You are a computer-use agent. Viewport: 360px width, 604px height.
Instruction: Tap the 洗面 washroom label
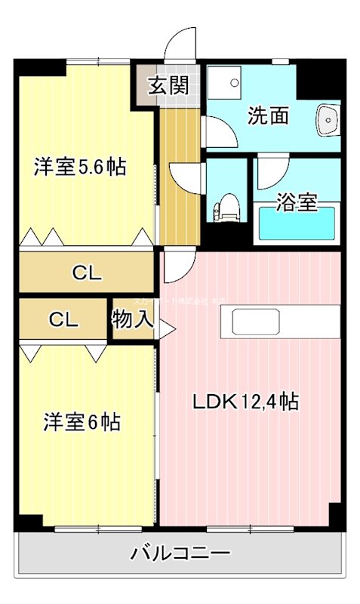click(269, 117)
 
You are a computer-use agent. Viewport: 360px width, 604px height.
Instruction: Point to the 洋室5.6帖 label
click(79, 166)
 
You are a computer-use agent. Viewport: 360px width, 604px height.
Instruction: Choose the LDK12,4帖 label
click(245, 402)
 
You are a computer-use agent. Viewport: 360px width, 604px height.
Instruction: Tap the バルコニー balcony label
click(180, 553)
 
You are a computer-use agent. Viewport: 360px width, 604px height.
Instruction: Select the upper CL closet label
click(87, 273)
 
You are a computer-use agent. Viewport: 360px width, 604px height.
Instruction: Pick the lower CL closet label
click(64, 319)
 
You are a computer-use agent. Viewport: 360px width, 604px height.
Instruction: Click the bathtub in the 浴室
click(296, 226)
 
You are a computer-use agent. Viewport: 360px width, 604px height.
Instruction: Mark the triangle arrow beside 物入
click(165, 328)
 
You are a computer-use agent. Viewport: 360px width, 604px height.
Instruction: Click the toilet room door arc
click(186, 177)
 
